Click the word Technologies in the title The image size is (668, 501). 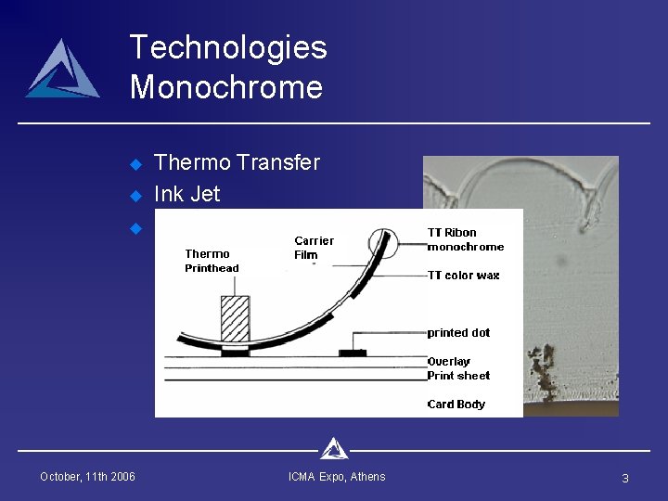[228, 47]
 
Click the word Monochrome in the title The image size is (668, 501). [226, 87]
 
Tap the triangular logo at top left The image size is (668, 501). [62, 70]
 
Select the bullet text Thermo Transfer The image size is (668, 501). [237, 162]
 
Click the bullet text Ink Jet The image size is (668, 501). [187, 194]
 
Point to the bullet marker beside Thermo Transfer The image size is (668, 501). [135, 164]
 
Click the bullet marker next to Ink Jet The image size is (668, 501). [135, 196]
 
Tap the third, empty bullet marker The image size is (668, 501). [135, 227]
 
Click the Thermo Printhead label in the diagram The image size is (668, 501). [212, 261]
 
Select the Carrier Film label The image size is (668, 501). [314, 248]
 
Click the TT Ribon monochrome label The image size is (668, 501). [465, 239]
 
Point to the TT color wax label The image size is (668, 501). [463, 276]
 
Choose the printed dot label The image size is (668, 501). [458, 333]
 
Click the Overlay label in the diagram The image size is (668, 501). [448, 361]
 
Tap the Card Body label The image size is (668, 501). [456, 405]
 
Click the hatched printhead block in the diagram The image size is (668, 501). [235, 319]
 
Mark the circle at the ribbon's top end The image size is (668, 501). [382, 243]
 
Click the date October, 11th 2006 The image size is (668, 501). [87, 477]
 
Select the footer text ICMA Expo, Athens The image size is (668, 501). [337, 477]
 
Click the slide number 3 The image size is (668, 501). [624, 478]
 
